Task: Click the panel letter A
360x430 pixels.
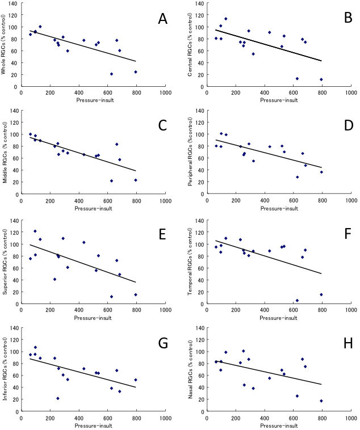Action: pos(162,19)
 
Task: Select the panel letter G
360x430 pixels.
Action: pos(162,343)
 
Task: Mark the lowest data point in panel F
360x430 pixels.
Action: pos(297,300)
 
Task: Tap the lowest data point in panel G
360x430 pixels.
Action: pos(58,398)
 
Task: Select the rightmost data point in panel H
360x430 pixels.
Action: pos(321,401)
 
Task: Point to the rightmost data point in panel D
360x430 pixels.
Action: pos(321,172)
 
